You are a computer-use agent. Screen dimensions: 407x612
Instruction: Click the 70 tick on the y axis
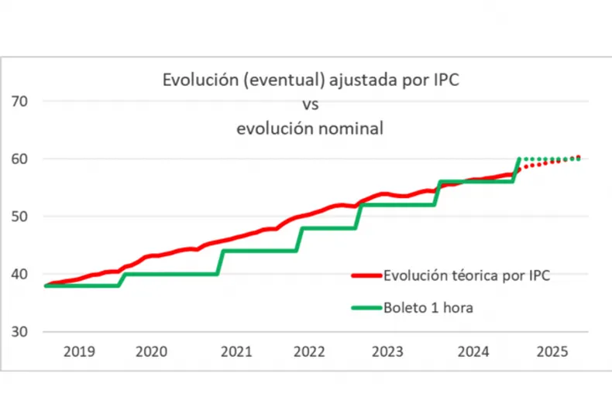pyautogui.click(x=20, y=101)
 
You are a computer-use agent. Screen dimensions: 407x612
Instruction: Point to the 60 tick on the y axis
pyautogui.click(x=20, y=159)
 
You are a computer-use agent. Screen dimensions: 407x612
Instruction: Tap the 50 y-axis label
pyautogui.click(x=20, y=217)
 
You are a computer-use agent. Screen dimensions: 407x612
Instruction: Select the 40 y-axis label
pyautogui.click(x=20, y=274)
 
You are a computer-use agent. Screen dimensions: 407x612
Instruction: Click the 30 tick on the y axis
pyautogui.click(x=20, y=331)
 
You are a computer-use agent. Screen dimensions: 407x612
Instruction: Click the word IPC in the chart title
pyautogui.click(x=443, y=80)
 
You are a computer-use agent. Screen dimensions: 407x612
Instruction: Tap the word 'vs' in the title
pyautogui.click(x=309, y=104)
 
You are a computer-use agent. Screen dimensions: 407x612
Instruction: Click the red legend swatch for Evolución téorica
pyautogui.click(x=365, y=275)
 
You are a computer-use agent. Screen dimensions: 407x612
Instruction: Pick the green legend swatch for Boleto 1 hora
pyautogui.click(x=365, y=307)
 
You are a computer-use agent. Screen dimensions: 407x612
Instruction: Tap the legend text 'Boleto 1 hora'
pyautogui.click(x=428, y=307)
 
